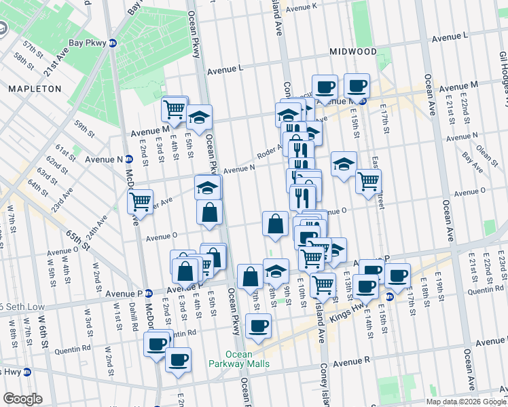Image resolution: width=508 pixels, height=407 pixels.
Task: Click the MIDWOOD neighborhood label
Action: click(x=354, y=52)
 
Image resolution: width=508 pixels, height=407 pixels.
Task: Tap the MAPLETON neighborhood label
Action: click(x=35, y=89)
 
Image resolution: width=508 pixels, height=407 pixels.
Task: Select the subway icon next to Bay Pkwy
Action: click(x=113, y=43)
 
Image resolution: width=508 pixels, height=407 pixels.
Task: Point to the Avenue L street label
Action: click(x=225, y=69)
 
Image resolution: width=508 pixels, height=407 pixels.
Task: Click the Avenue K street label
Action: click(x=301, y=7)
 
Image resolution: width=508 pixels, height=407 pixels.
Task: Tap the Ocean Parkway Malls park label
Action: click(x=248, y=359)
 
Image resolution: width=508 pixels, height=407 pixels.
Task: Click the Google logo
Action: click(x=22, y=398)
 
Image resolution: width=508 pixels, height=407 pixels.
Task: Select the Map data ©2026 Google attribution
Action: click(x=466, y=402)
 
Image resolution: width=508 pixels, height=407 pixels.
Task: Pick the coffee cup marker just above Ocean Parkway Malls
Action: click(x=258, y=326)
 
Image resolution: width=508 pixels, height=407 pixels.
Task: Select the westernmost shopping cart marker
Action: click(x=140, y=201)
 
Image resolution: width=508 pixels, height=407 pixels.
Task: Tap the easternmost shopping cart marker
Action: click(x=368, y=180)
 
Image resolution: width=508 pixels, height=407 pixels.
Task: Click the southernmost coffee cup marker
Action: click(x=178, y=359)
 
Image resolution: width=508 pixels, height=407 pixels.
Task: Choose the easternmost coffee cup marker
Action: click(x=398, y=275)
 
